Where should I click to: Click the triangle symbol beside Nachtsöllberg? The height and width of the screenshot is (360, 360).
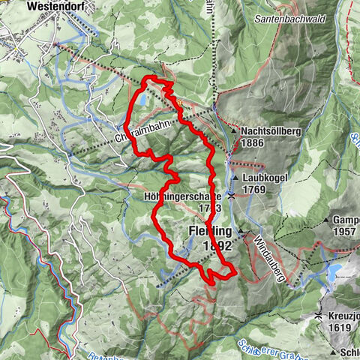(x=234, y=131)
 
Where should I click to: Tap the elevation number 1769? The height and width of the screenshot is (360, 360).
(x=255, y=190)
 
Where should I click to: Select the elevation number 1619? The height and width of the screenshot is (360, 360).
(x=340, y=328)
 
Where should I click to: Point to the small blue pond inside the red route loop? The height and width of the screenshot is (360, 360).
(x=142, y=97)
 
